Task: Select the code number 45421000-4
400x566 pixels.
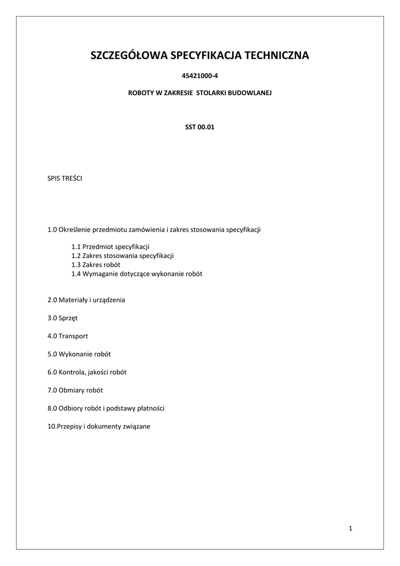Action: [199, 76]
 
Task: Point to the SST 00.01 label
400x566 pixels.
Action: [199, 127]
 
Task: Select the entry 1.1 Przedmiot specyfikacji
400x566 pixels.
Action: [110, 247]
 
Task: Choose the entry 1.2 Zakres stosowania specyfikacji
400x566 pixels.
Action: [123, 256]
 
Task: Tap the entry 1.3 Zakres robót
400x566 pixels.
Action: [96, 265]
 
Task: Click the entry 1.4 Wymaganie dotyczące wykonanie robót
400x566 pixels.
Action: [136, 274]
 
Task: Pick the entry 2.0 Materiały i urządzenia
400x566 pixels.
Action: [87, 300]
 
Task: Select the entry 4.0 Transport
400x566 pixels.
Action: [68, 336]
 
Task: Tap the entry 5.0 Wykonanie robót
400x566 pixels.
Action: [83, 354]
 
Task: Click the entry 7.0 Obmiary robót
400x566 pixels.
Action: [76, 390]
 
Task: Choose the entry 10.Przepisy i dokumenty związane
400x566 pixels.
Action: [99, 427]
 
